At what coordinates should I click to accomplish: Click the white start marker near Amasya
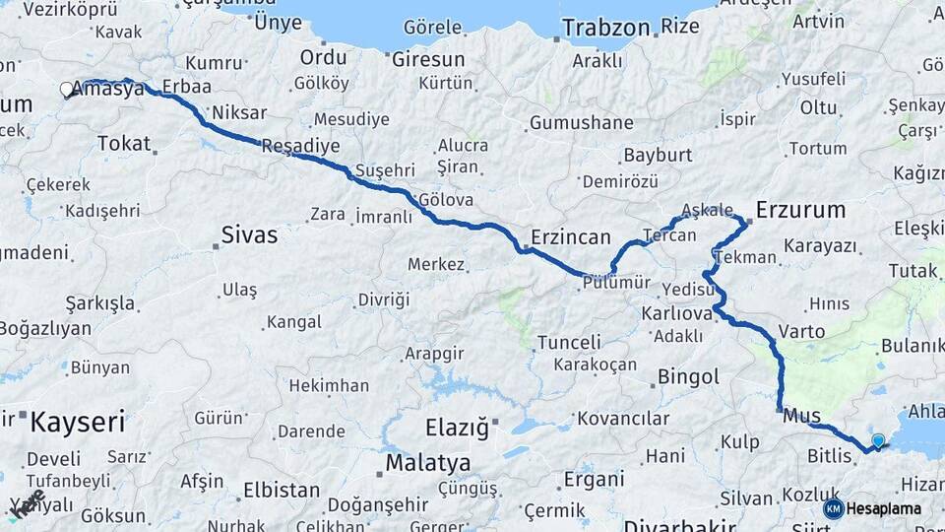point(67,90)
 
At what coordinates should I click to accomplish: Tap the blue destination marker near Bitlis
point(878,440)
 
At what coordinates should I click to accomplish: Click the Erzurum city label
point(800,209)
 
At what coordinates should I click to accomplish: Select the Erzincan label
point(571,237)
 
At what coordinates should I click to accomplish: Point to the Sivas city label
point(248,235)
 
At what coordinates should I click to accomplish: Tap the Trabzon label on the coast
point(605,27)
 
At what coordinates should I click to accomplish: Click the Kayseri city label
point(78,424)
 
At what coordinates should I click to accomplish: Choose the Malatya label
point(427,462)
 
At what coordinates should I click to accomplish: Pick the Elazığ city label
point(456,428)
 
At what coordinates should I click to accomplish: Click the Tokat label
point(124,144)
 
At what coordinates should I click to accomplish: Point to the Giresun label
point(428,58)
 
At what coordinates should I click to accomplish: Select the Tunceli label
point(569,343)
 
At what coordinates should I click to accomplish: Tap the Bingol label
point(688,376)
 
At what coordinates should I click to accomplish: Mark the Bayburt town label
point(658,156)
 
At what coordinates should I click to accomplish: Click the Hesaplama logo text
point(884,508)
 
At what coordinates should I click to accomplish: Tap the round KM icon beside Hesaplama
point(834,508)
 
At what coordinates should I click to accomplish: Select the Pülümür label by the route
point(616,283)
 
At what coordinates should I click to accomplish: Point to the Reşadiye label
point(300,146)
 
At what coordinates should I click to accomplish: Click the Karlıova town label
point(676,313)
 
